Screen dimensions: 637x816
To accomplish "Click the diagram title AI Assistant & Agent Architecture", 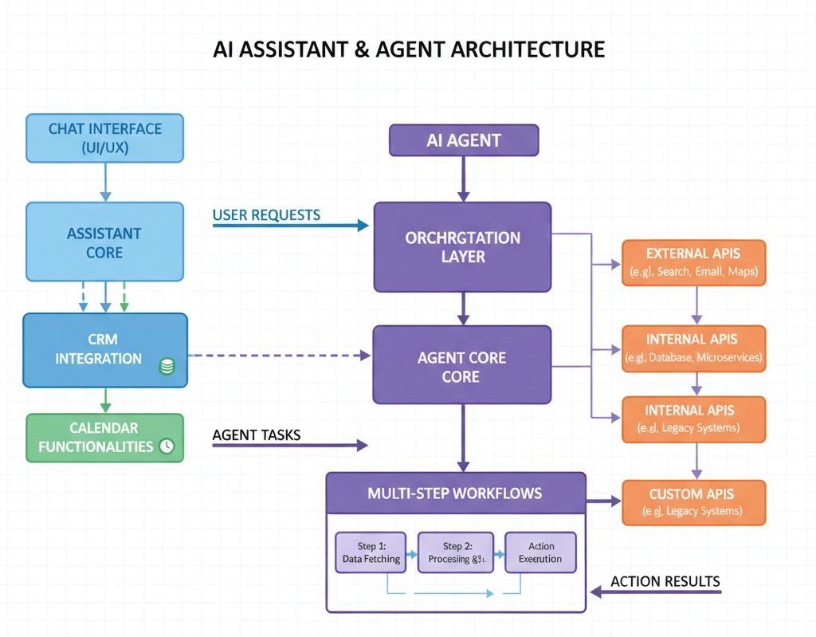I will [409, 50].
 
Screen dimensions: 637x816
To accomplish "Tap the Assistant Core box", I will [104, 242].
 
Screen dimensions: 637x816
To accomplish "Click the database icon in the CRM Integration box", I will [167, 367].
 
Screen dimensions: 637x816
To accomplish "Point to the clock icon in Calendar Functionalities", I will [167, 446].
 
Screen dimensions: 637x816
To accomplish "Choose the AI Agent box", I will [464, 140].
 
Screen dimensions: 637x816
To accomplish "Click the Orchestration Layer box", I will [462, 246].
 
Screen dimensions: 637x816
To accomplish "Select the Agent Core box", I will [462, 367].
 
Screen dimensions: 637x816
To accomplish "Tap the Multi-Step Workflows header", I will [455, 493].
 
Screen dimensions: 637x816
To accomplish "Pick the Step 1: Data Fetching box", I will [371, 552].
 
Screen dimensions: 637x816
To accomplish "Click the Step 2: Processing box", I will [456, 552].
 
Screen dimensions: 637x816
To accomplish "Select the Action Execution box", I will [540, 552].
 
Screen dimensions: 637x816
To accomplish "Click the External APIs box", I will [692, 262].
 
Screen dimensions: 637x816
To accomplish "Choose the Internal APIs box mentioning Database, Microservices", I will [692, 348].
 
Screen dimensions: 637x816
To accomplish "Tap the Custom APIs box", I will [692, 502].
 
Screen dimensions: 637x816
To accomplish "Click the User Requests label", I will [266, 214].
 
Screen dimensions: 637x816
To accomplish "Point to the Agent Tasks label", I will [256, 436].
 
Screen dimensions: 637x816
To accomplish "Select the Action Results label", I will [665, 581].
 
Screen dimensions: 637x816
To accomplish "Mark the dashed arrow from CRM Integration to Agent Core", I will [279, 356].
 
